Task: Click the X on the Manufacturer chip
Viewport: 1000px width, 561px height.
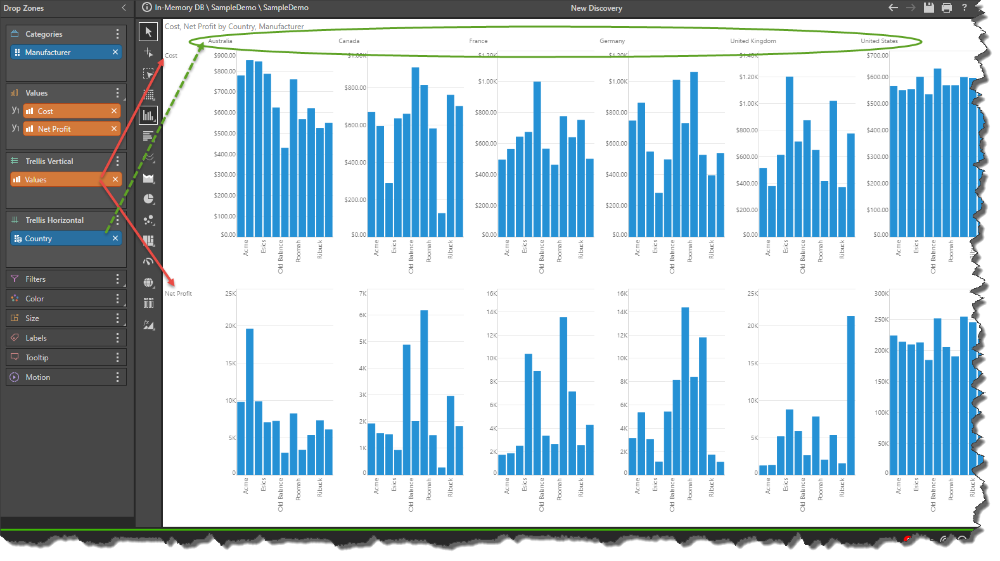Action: point(115,52)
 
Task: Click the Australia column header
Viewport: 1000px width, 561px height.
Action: point(220,41)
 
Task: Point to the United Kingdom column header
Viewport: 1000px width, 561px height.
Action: point(753,41)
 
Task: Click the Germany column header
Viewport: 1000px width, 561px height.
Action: point(612,41)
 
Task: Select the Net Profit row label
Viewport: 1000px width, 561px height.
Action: point(178,294)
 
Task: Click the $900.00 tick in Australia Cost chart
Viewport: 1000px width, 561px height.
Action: point(225,56)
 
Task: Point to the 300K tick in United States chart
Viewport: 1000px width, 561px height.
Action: point(881,294)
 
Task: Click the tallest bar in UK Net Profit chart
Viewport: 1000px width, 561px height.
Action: point(850,395)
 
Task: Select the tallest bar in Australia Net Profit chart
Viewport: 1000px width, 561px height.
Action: point(250,401)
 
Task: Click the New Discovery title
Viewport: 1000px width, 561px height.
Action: point(596,8)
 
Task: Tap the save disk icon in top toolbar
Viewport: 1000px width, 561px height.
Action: point(928,8)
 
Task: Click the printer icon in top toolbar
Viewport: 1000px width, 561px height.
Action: point(947,8)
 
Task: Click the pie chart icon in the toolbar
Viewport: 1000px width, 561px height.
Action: point(148,199)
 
